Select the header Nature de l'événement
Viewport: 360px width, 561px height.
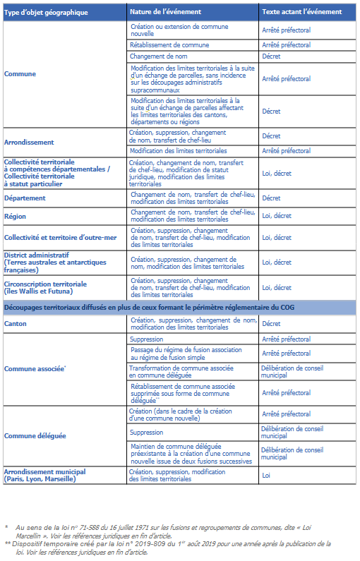[x=165, y=12]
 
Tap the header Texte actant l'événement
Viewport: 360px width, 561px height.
[x=301, y=12]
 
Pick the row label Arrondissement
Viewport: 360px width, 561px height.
[x=29, y=142]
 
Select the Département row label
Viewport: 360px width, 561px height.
[x=25, y=198]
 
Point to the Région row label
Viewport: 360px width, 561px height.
[x=15, y=217]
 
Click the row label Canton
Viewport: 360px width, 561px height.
[x=16, y=324]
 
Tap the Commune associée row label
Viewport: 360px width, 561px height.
[x=35, y=368]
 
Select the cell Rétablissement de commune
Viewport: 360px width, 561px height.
[x=169, y=44]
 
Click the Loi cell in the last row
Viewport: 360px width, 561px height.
[x=268, y=476]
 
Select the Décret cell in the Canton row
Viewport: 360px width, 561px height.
[x=271, y=324]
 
